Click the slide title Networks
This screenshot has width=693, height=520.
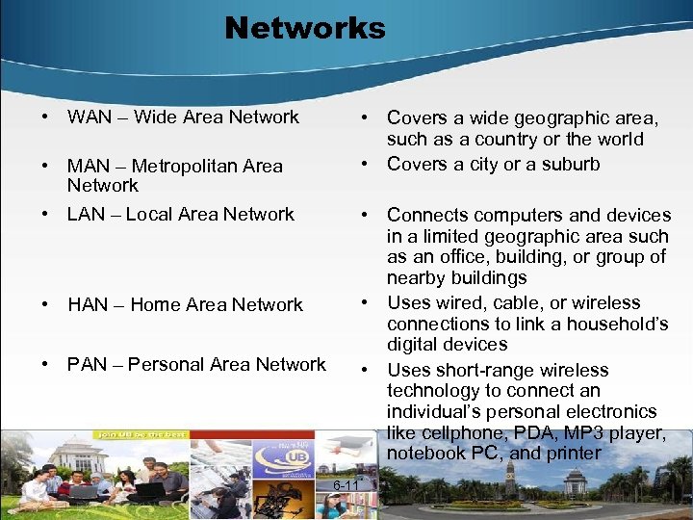[x=304, y=28]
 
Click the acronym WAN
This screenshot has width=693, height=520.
[x=88, y=117]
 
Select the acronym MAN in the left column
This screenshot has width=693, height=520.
[x=88, y=167]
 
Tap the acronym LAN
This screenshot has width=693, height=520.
[x=87, y=215]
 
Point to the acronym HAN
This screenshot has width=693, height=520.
[x=88, y=305]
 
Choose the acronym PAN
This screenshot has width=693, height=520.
[x=88, y=365]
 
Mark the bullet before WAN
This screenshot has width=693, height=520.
[x=46, y=117]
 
